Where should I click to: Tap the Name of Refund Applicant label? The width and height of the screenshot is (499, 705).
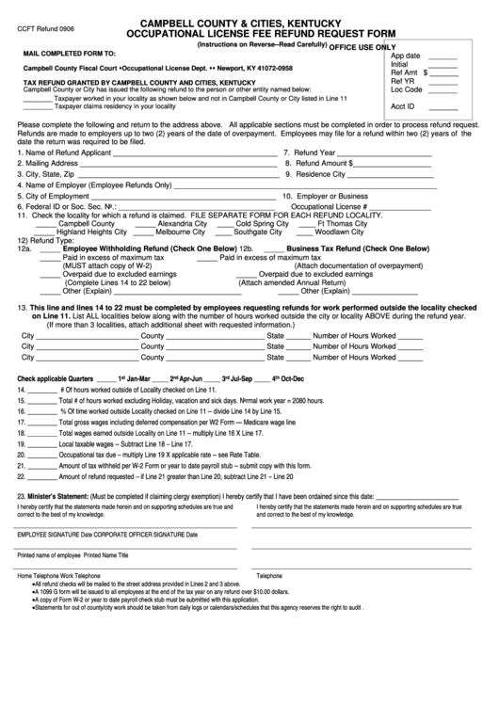[61, 152]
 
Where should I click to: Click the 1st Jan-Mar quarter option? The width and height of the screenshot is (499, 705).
[147, 378]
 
